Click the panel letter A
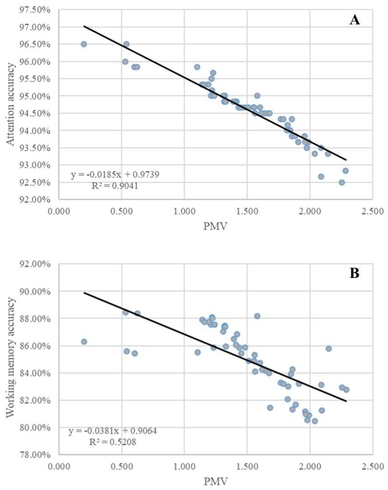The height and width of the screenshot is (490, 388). pyautogui.click(x=355, y=20)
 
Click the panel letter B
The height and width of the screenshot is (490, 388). pyautogui.click(x=354, y=273)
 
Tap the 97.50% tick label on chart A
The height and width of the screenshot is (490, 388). pyautogui.click(x=35, y=10)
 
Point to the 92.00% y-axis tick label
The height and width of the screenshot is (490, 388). pyautogui.click(x=35, y=199)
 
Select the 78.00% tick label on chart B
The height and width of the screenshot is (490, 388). pyautogui.click(x=35, y=455)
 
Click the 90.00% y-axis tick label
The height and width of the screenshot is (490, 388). pyautogui.click(x=35, y=291)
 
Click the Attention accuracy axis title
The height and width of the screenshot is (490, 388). pyautogui.click(x=10, y=104)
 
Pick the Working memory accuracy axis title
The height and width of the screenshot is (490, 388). pyautogui.click(x=10, y=357)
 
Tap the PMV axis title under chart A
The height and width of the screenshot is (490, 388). pyautogui.click(x=215, y=226)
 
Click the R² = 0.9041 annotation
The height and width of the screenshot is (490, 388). pyautogui.click(x=115, y=186)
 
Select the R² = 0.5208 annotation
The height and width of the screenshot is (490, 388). pyautogui.click(x=112, y=442)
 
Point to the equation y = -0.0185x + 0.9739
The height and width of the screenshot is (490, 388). pyautogui.click(x=115, y=174)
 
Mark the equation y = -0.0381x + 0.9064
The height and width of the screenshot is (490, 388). pyautogui.click(x=112, y=431)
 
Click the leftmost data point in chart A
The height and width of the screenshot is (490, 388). pyautogui.click(x=84, y=44)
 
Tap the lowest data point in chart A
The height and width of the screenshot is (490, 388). pyautogui.click(x=341, y=182)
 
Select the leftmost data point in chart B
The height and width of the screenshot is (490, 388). pyautogui.click(x=84, y=342)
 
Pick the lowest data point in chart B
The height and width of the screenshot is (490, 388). pyautogui.click(x=315, y=421)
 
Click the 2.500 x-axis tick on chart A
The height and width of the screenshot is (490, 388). pyautogui.click(x=373, y=212)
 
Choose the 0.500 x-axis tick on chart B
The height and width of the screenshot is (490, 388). pyautogui.click(x=122, y=467)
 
